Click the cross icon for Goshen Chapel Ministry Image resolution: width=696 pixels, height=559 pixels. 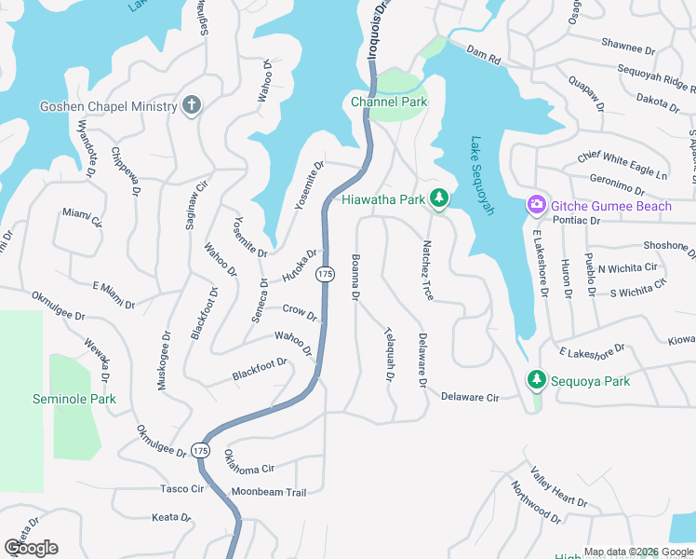click(x=192, y=105)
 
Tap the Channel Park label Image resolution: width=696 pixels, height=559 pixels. click(x=387, y=101)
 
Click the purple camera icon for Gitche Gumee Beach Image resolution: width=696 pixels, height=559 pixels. click(x=536, y=204)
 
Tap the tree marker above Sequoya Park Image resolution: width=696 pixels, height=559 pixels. click(x=536, y=379)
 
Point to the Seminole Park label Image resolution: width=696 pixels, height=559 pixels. click(x=74, y=399)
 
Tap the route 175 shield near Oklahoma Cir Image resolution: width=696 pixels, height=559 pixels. click(x=201, y=450)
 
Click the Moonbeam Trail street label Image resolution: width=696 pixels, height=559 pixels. click(x=268, y=491)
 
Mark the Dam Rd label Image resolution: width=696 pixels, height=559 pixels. click(x=484, y=55)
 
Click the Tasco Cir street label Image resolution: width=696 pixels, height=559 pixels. click(x=181, y=488)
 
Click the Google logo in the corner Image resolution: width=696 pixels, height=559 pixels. click(x=31, y=547)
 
